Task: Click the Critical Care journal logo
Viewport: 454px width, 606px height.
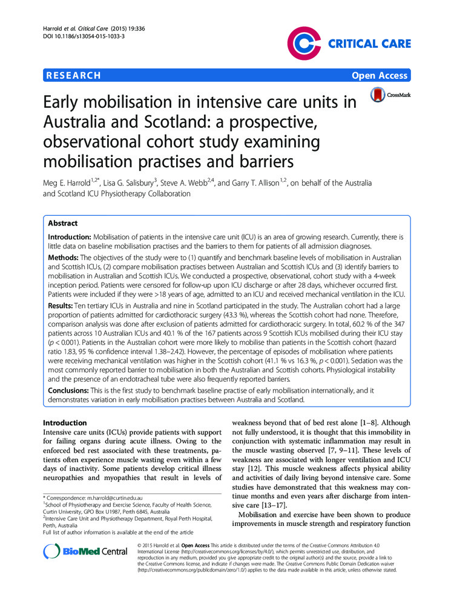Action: point(349,44)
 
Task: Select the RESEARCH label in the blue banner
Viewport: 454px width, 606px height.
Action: point(73,76)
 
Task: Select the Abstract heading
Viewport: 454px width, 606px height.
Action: point(64,223)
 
